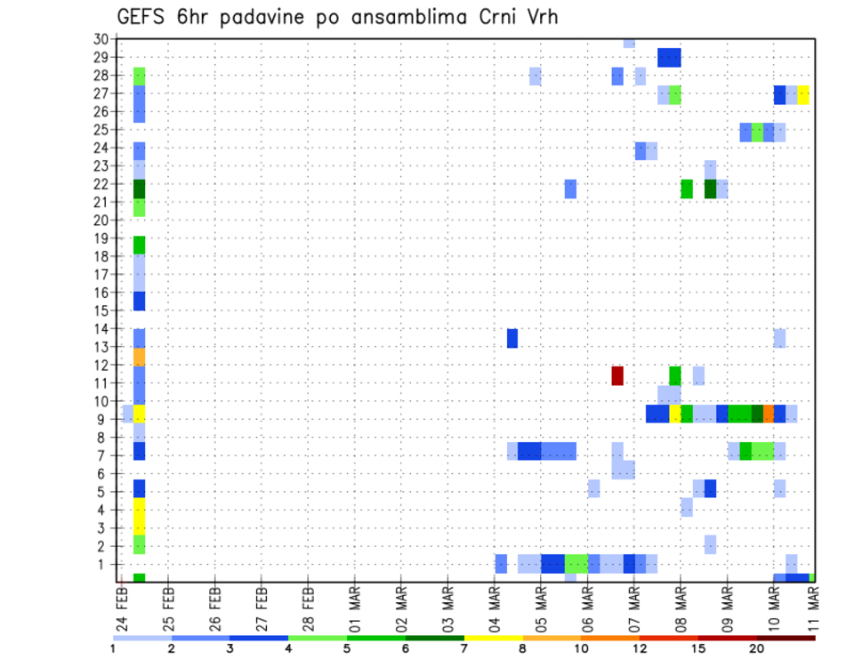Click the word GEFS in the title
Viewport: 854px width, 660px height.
[x=142, y=17]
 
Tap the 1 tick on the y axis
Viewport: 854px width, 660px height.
[x=104, y=563]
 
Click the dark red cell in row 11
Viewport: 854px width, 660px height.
[x=617, y=375]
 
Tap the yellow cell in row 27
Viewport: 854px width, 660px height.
[x=803, y=94]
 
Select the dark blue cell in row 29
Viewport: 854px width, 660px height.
[x=669, y=57]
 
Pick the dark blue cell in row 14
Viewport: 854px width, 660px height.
[x=512, y=338]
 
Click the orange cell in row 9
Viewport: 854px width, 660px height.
[x=769, y=414]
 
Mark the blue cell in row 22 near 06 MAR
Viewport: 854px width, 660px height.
[x=570, y=189]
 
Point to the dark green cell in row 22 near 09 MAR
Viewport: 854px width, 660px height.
[x=710, y=189]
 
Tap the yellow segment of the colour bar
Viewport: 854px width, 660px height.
[x=494, y=638]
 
